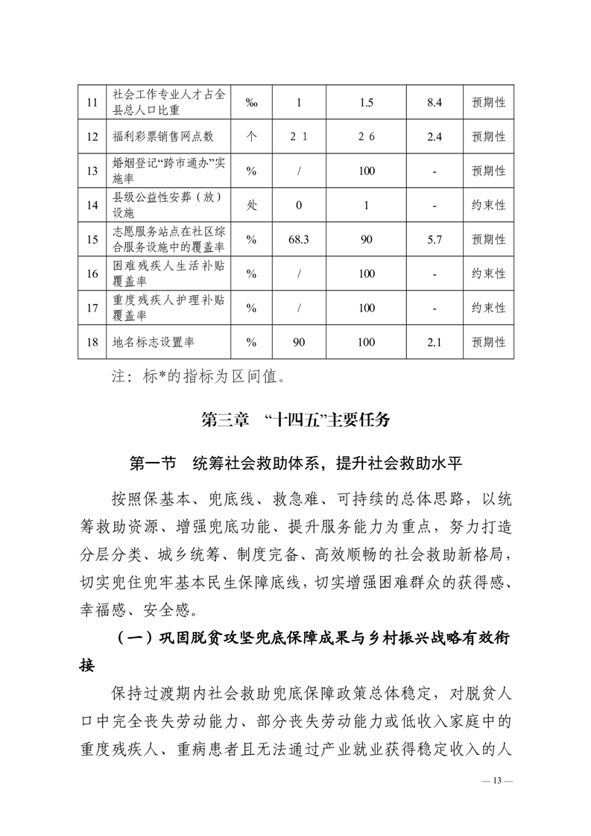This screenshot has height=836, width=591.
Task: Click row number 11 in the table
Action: (92, 103)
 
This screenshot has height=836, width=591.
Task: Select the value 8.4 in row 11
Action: (434, 103)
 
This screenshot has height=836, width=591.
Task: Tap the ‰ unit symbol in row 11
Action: (251, 103)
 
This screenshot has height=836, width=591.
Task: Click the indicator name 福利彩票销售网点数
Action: (163, 137)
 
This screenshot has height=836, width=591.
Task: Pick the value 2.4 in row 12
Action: (434, 137)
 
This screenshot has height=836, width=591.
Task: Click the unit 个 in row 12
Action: (251, 137)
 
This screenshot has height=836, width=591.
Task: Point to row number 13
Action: (92, 171)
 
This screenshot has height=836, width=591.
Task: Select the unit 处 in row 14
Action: (251, 206)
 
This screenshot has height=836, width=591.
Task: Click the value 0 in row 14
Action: (298, 206)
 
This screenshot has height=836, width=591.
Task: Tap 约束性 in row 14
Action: (489, 206)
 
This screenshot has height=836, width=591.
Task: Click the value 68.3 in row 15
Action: (298, 240)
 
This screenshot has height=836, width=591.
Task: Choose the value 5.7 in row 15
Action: (434, 240)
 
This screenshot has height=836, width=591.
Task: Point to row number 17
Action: (92, 308)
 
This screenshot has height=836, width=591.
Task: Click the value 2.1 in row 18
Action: (434, 342)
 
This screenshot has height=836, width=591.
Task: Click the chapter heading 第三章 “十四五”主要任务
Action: (296, 419)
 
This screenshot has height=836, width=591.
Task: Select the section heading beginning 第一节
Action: (296, 463)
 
